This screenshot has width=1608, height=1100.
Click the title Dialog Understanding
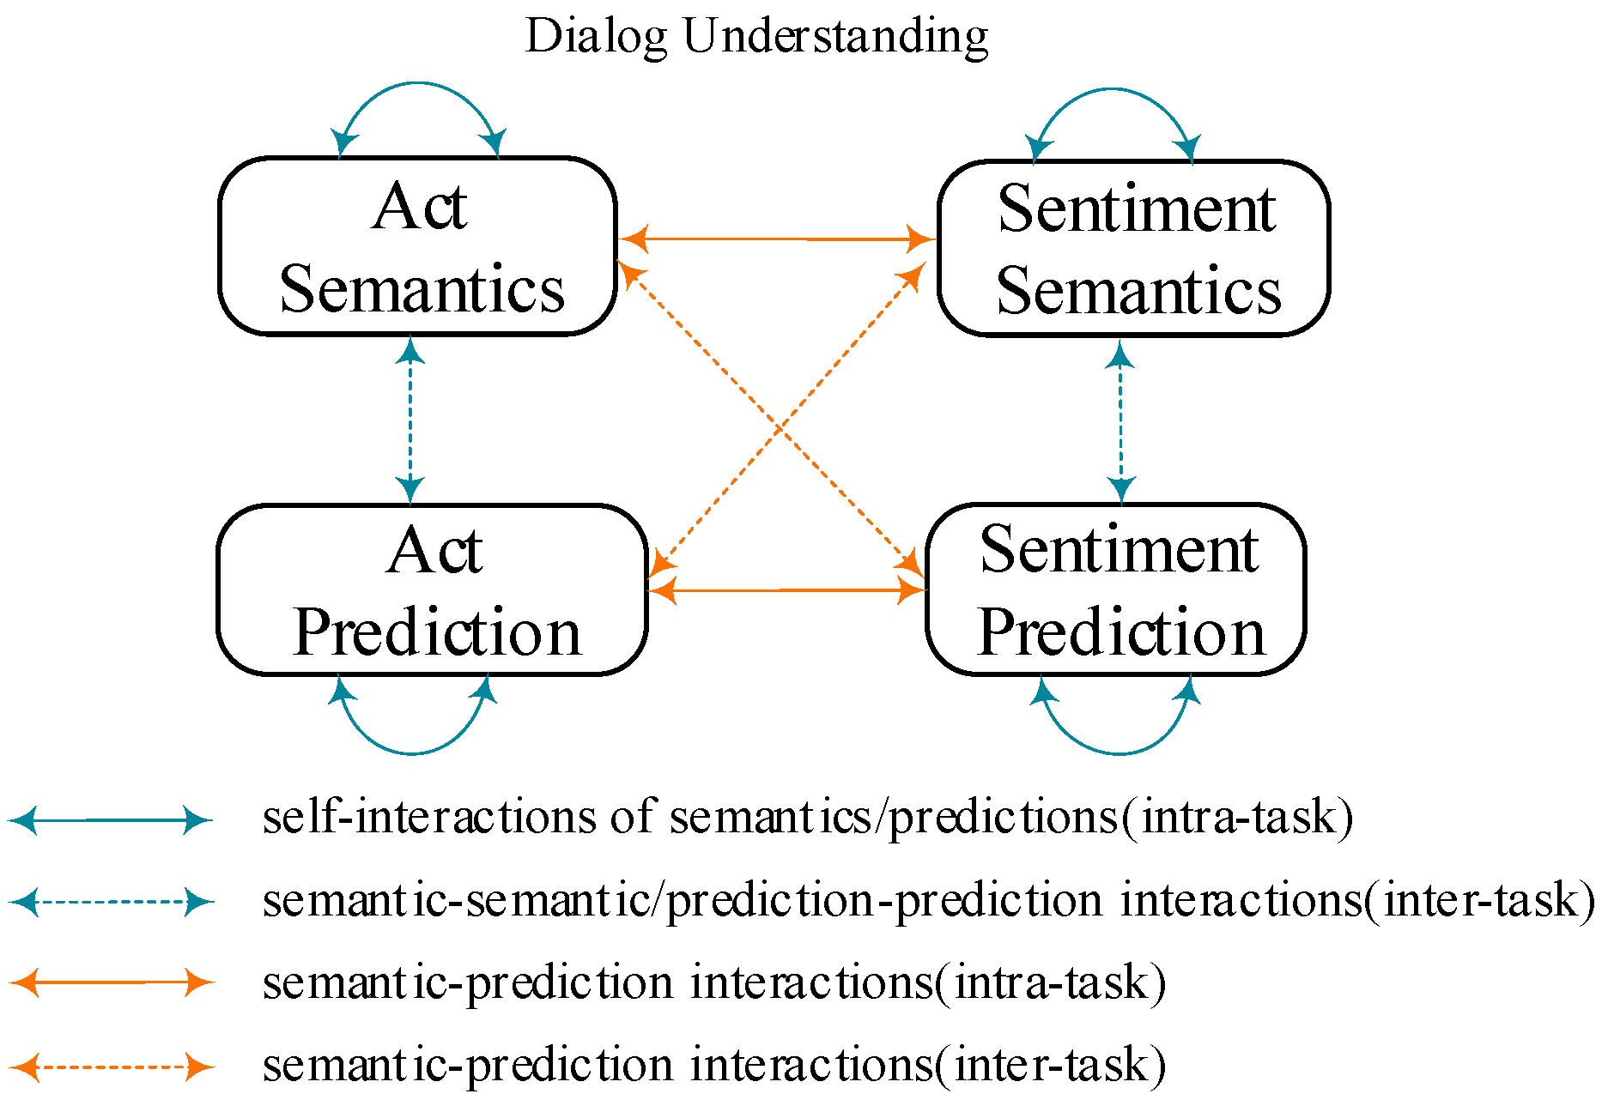coord(756,37)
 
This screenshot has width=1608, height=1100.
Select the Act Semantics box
coord(418,246)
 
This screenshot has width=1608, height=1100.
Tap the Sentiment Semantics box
coord(1134,249)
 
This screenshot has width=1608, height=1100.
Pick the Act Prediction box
coord(432,590)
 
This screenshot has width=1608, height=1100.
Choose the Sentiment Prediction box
coord(1116,589)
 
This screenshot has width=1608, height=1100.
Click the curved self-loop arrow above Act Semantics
coord(418,83)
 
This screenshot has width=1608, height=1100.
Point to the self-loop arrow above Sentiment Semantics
coord(1113,89)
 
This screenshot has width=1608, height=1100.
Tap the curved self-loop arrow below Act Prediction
coord(413,753)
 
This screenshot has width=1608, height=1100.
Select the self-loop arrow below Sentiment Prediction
coord(1118,753)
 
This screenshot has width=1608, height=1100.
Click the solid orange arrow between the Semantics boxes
coord(777,239)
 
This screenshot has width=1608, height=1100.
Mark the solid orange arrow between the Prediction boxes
coord(786,590)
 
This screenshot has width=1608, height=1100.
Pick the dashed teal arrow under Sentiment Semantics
coord(1120,420)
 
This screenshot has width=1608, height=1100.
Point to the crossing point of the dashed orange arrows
coord(780,426)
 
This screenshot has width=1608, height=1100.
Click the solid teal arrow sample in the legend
coord(110,820)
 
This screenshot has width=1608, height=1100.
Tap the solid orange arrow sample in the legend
coord(110,982)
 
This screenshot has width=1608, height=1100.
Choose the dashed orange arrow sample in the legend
coord(110,1067)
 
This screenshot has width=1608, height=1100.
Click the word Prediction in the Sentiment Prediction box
coord(1121,633)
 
